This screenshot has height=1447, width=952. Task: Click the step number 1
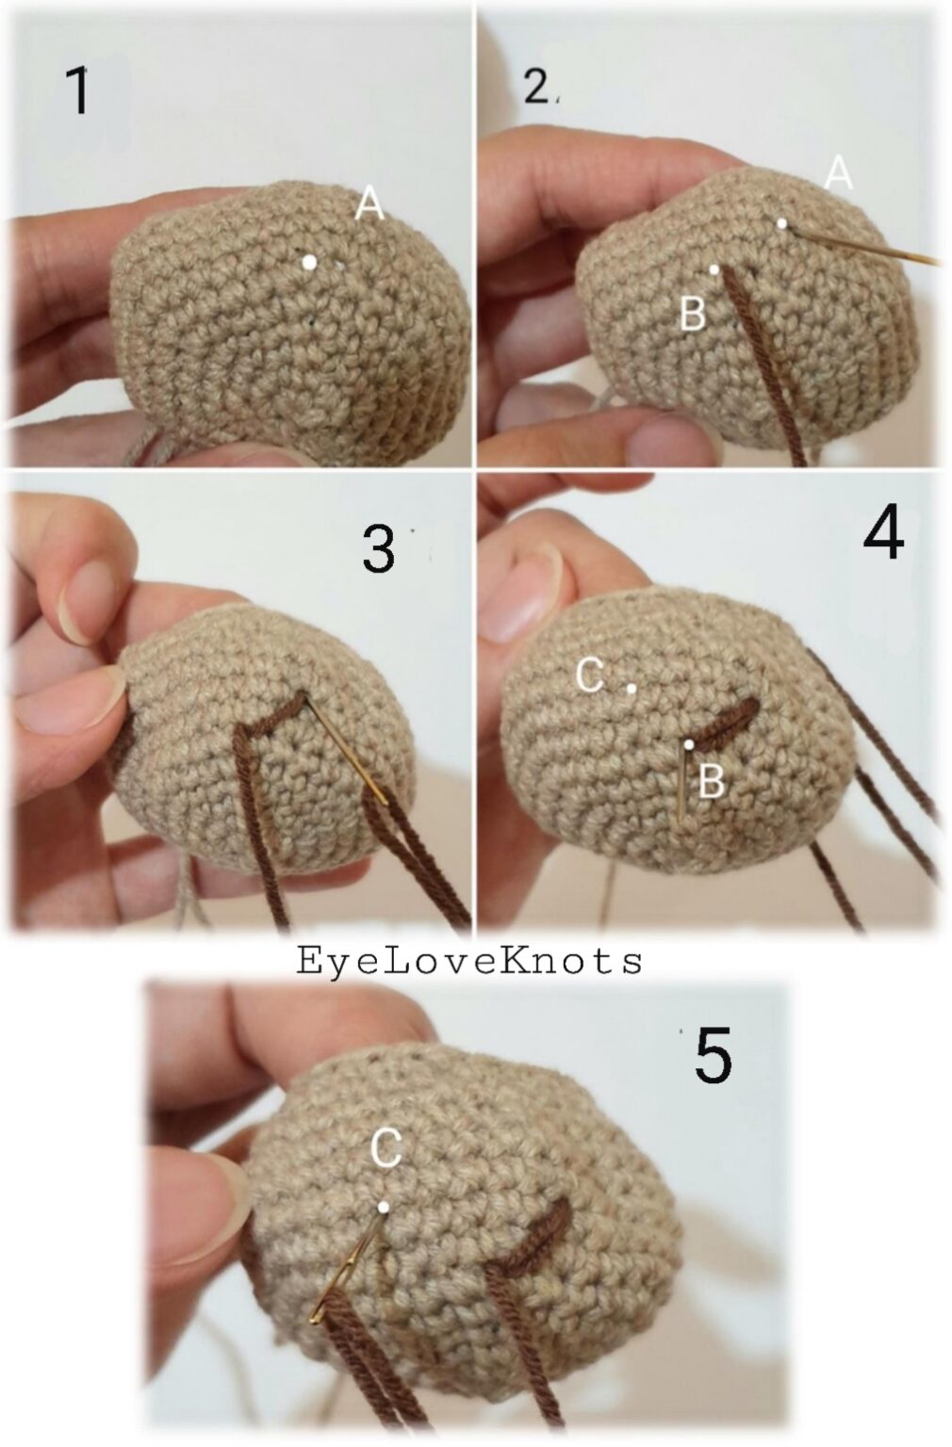click(80, 91)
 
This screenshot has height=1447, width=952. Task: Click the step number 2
click(536, 89)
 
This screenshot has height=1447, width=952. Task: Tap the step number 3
click(378, 549)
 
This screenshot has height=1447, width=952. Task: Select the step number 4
click(883, 535)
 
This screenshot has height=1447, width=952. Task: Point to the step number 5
click(713, 1055)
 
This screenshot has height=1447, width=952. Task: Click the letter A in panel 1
click(369, 204)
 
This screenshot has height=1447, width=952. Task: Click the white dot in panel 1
click(309, 263)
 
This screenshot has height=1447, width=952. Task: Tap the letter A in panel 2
click(838, 173)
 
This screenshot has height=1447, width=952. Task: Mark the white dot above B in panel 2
click(714, 269)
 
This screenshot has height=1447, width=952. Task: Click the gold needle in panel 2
click(867, 244)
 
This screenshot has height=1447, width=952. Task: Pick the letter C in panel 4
click(590, 675)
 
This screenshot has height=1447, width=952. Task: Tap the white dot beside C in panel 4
click(632, 689)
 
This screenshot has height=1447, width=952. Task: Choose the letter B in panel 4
click(712, 781)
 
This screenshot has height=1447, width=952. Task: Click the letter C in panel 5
click(386, 1147)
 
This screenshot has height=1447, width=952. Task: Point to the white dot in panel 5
click(384, 1207)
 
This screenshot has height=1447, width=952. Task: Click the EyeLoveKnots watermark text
click(469, 961)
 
